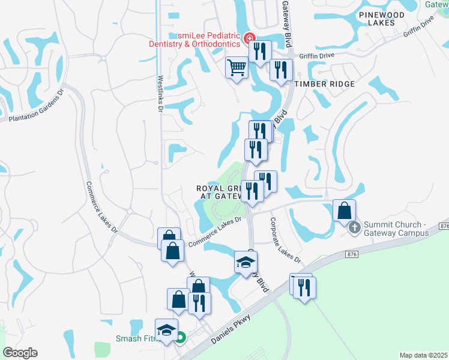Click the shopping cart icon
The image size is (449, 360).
coord(237,68)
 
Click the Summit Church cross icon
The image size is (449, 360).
coord(355,227)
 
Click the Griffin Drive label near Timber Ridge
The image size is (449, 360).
coord(318,53)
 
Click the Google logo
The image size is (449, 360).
coord(20,352)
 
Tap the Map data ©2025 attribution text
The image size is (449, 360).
coord(423,355)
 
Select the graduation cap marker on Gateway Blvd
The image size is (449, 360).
coord(246,262)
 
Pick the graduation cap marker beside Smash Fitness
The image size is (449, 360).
coord(167,329)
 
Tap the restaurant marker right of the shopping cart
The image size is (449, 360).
coord(259,52)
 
